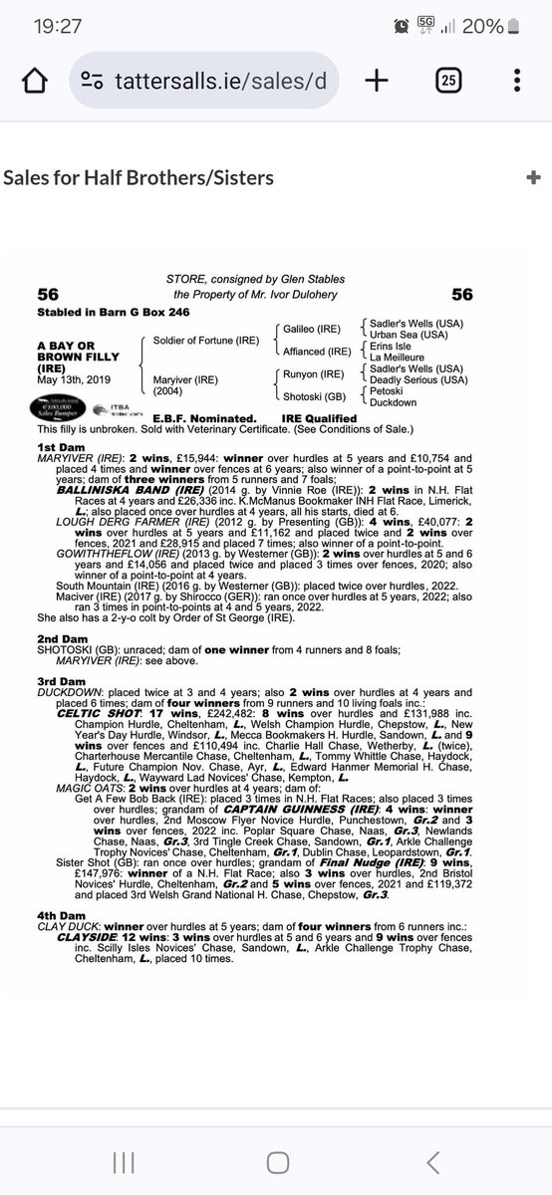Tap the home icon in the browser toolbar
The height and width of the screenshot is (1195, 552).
click(34, 81)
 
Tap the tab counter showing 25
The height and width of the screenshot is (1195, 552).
click(447, 81)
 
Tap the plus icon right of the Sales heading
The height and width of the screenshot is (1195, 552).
click(532, 178)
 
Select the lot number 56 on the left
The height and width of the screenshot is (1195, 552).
click(48, 295)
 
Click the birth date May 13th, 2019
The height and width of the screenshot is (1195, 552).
click(75, 379)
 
